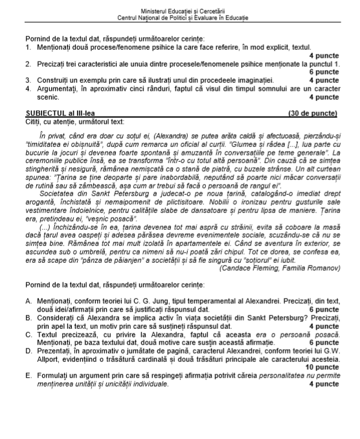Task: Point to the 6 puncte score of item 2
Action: (323, 72)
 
